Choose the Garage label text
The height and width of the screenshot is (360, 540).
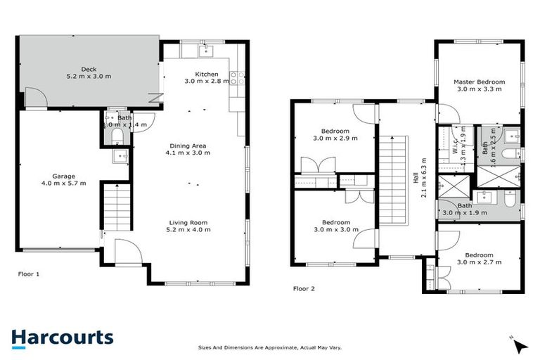pos(63,176)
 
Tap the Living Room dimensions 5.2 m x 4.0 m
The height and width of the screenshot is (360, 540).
pos(190,229)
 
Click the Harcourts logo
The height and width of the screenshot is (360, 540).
pos(62,337)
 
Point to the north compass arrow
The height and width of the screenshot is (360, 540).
pos(520,346)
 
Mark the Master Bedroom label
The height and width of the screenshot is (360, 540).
pos(478,82)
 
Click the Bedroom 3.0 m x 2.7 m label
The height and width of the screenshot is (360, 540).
pos(478,259)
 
